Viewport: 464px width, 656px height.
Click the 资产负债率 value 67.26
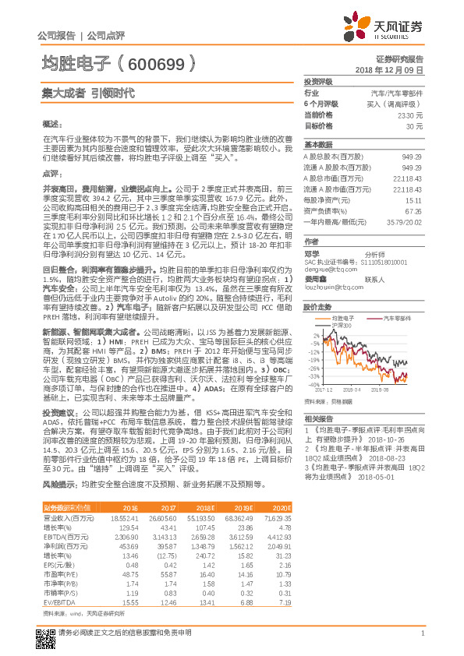(413, 210)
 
